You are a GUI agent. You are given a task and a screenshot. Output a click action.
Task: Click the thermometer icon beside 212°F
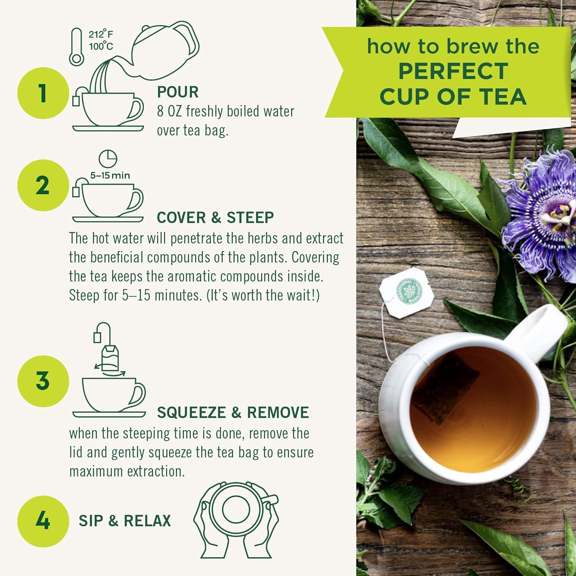[76, 47]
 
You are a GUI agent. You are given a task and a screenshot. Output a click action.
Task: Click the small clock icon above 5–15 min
[108, 158]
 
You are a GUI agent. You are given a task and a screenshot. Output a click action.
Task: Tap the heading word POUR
[178, 92]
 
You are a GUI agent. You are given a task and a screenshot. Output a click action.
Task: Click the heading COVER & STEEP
[215, 218]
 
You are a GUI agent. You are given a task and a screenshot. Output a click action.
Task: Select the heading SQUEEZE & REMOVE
[233, 412]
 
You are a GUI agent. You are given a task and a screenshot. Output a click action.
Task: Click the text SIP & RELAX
[125, 521]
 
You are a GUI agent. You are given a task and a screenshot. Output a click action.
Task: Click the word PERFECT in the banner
[453, 71]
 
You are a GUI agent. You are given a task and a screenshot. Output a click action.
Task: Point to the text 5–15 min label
[110, 175]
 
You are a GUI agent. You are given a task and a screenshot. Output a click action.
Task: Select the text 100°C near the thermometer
[101, 47]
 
